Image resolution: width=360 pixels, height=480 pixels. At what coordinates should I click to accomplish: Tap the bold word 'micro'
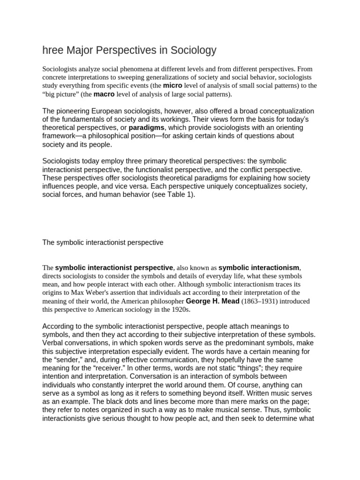(172, 86)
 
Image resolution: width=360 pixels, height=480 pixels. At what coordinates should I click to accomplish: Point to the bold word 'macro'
(104, 94)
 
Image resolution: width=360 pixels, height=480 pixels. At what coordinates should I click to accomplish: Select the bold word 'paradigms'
(147, 127)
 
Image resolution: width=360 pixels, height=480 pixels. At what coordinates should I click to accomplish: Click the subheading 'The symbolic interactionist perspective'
(103, 242)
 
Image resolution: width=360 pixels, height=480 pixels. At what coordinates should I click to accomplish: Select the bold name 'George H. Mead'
(212, 301)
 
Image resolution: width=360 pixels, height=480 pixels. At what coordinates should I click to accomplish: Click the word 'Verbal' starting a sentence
(53, 343)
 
